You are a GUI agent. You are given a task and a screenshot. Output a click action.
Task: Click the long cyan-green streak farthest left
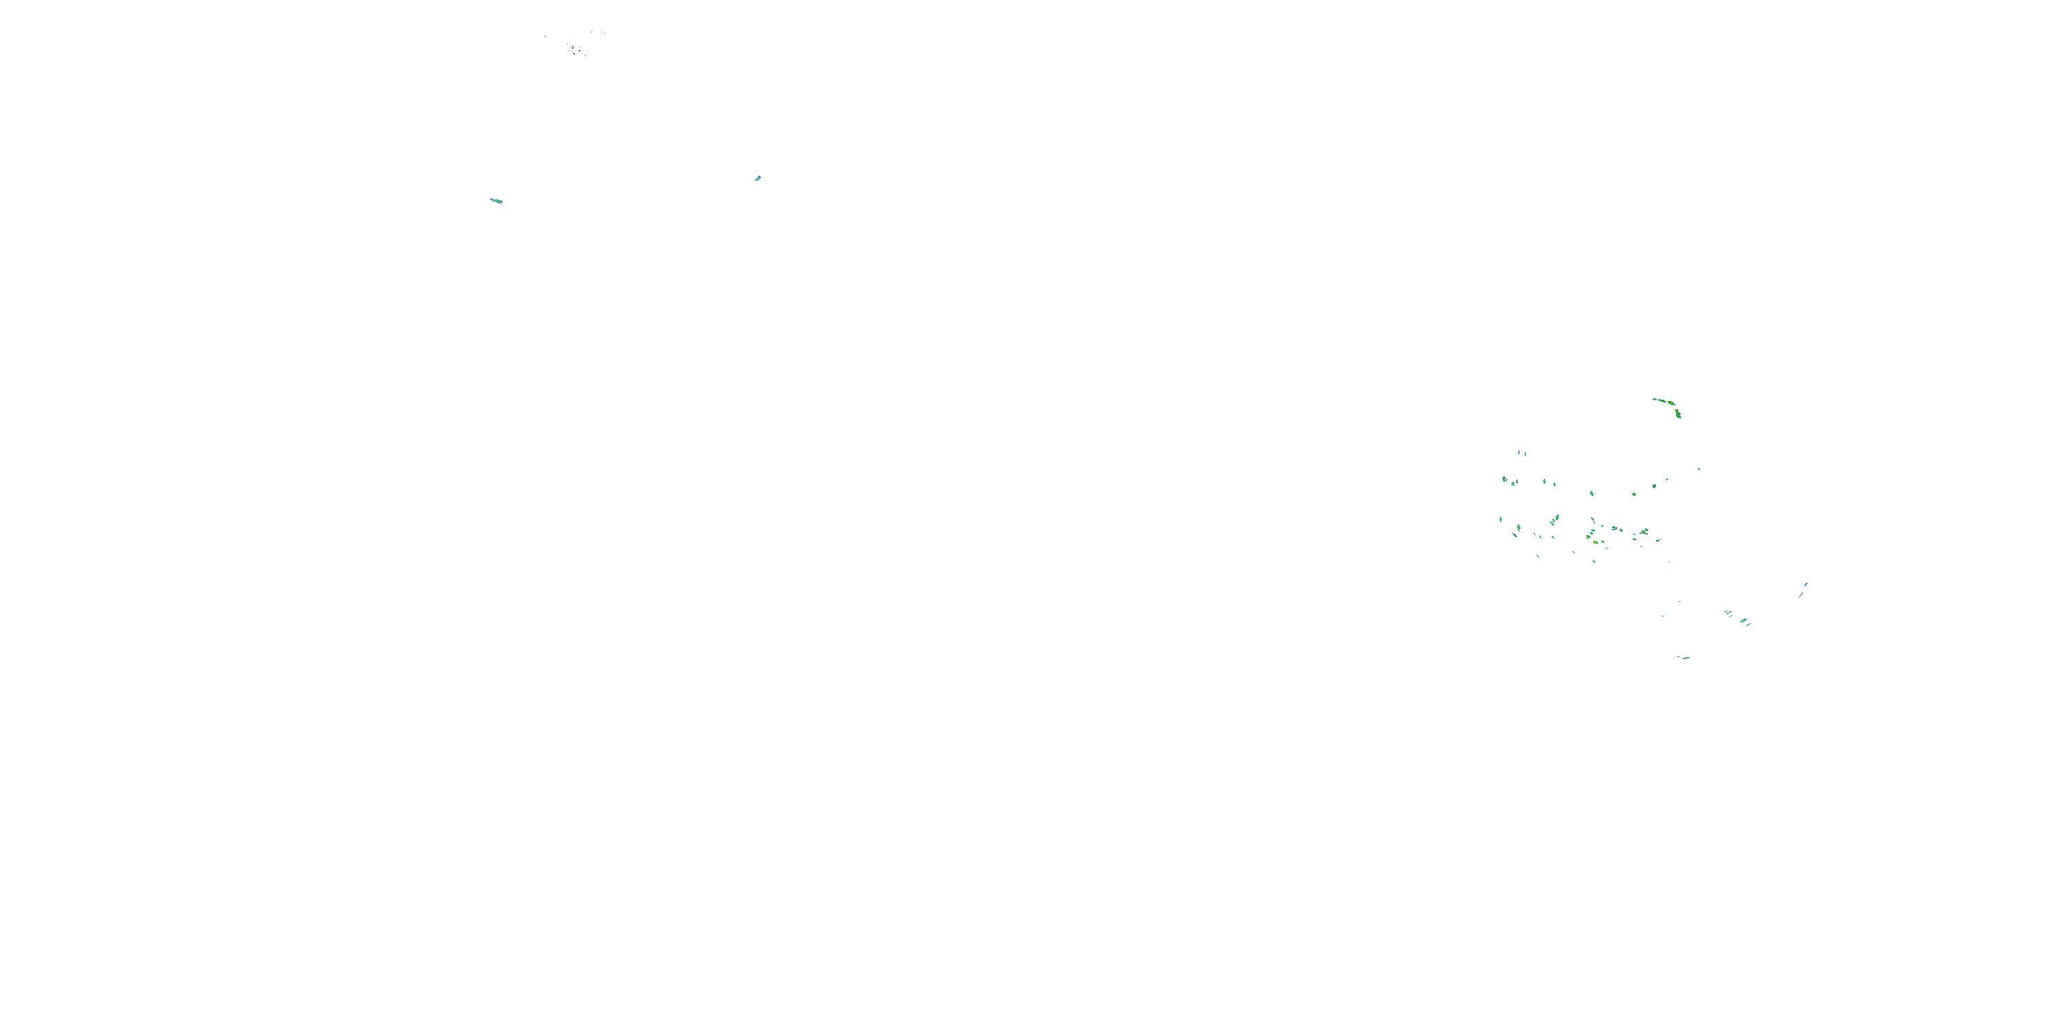496,200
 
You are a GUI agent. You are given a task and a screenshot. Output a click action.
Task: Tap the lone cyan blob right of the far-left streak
757,178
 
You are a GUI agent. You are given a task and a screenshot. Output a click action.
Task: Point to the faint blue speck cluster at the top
574,50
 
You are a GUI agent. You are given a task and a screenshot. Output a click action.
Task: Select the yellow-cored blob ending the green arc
1678,414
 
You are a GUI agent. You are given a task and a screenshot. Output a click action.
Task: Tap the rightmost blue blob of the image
1805,585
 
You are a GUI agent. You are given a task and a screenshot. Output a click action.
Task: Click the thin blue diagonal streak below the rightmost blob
1801,595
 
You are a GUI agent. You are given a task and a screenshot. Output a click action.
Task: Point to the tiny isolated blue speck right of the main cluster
1699,469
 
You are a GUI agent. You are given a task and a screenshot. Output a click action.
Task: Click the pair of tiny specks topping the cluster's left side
1522,453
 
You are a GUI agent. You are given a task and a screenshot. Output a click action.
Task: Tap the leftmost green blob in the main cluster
1501,520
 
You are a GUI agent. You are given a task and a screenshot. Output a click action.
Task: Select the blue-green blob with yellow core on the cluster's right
1644,532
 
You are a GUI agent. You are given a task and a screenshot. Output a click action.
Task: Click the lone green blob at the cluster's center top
1591,493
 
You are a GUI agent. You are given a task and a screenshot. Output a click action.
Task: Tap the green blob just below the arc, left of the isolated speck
1655,486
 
